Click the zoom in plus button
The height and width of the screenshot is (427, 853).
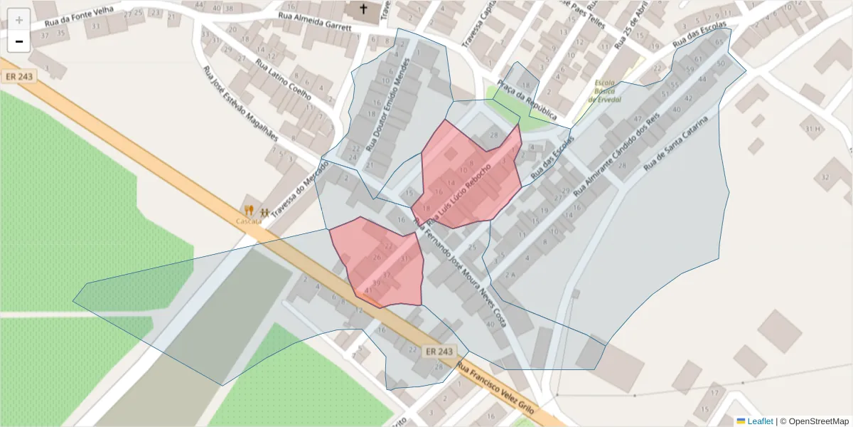(19, 20)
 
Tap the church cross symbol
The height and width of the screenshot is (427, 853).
(364, 9)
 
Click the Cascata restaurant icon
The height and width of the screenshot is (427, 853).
(249, 211)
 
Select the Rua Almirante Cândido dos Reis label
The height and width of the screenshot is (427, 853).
(616, 154)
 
